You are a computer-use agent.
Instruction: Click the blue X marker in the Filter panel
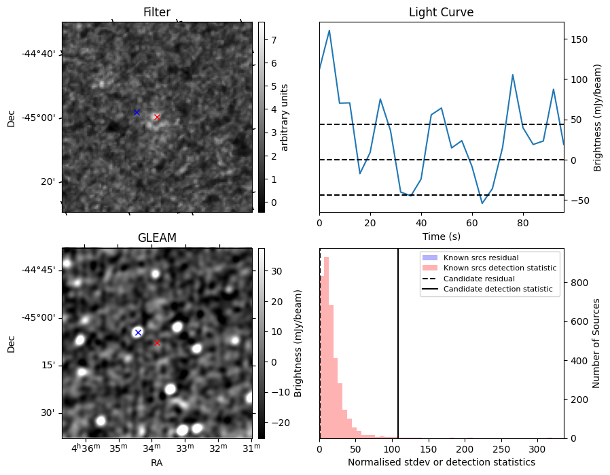(x=137, y=112)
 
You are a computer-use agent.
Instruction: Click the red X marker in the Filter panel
(x=157, y=117)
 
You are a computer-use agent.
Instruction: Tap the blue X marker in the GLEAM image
(x=138, y=332)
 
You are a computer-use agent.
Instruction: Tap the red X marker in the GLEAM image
(x=157, y=342)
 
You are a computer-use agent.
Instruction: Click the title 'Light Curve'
(x=441, y=12)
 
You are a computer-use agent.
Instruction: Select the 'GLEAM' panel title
(x=157, y=238)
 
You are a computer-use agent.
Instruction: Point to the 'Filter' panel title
(x=157, y=12)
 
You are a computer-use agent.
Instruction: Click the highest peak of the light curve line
(x=329, y=30)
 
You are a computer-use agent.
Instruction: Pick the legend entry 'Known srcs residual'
(x=480, y=258)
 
